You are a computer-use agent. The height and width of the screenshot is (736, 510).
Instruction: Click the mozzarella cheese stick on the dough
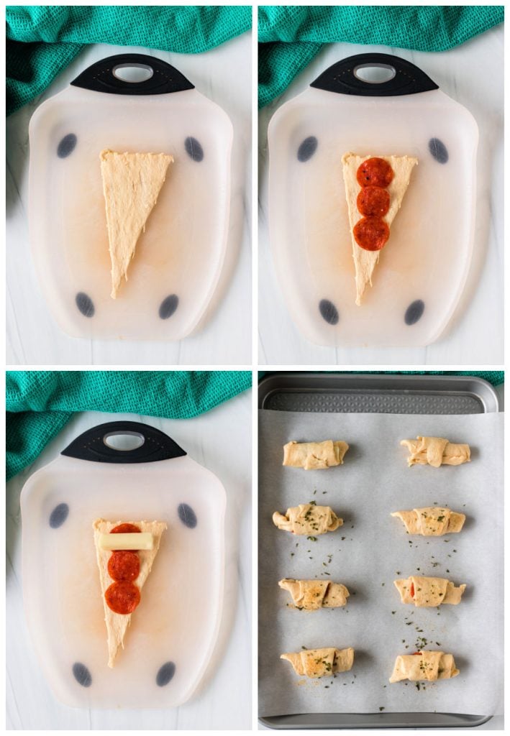pyautogui.click(x=127, y=541)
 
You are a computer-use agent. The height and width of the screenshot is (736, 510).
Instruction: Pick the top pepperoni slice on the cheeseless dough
pyautogui.click(x=375, y=173)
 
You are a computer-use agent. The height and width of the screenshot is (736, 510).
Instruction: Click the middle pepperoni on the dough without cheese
pyautogui.click(x=373, y=202)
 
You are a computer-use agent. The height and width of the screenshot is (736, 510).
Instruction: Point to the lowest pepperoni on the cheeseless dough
pyautogui.click(x=371, y=234)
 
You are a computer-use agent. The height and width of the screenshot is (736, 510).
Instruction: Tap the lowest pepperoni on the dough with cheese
pyautogui.click(x=122, y=597)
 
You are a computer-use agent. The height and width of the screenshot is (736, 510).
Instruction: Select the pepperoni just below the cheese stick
pyautogui.click(x=124, y=566)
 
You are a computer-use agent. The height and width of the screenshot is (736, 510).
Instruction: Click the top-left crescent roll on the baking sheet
pyautogui.click(x=315, y=454)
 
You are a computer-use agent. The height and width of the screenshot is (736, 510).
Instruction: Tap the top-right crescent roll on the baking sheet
pyautogui.click(x=435, y=451)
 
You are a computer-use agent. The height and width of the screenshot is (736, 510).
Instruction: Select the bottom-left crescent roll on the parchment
pyautogui.click(x=317, y=662)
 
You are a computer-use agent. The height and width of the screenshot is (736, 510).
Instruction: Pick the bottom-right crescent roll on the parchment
pyautogui.click(x=424, y=666)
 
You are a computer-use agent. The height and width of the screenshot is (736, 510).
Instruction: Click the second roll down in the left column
pyautogui.click(x=308, y=519)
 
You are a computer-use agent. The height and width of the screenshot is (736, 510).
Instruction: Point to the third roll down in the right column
pyautogui.click(x=429, y=591)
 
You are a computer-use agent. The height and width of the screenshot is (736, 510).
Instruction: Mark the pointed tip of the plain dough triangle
pyautogui.click(x=114, y=293)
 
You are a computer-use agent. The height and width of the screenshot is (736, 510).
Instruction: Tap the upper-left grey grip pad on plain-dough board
pyautogui.click(x=67, y=145)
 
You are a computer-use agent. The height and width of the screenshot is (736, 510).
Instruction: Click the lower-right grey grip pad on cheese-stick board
pyautogui.click(x=165, y=673)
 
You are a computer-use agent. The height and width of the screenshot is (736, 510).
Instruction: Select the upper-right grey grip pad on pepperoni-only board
pyautogui.click(x=438, y=150)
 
